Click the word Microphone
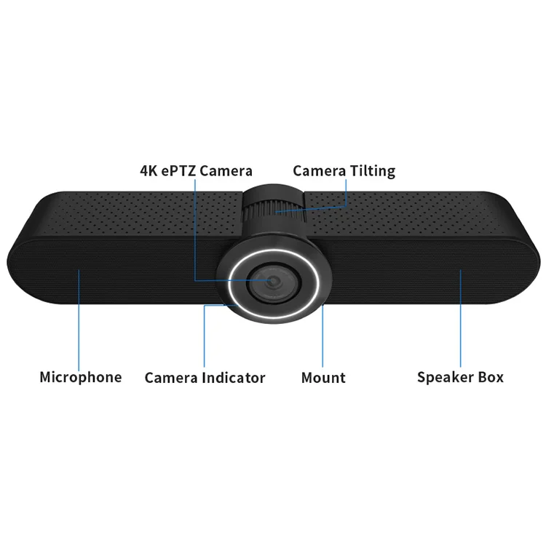pos(80,377)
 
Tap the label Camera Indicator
pos(205,378)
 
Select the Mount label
pos(323,378)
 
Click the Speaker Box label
pos(460,377)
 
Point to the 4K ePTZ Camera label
pos(196,171)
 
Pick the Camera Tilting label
pos(344,171)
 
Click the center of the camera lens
pos(273,281)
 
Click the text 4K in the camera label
pos(149,171)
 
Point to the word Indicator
pos(233,378)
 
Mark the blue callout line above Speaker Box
pos(460,320)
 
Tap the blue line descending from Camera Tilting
pos(347,193)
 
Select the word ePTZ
pos(178,171)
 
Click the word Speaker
pos(446,377)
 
